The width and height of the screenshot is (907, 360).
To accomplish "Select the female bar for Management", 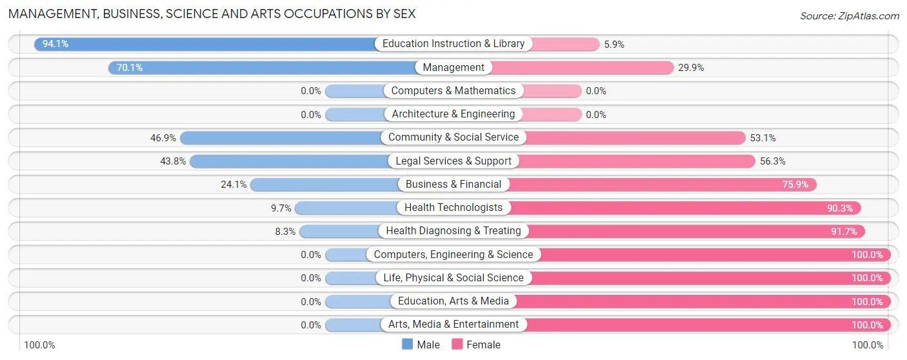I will pyautogui.click(x=581, y=67).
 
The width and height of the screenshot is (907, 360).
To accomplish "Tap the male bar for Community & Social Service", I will pyautogui.click(x=284, y=137).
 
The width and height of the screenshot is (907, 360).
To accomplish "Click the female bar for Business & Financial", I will pyautogui.click(x=664, y=185).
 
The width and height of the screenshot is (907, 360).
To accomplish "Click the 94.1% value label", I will pyautogui.click(x=55, y=44).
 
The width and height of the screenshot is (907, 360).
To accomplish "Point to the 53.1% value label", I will pyautogui.click(x=763, y=138).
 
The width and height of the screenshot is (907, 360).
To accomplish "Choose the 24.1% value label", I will pyautogui.click(x=234, y=185).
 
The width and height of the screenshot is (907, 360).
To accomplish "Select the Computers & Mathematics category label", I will pyautogui.click(x=454, y=91).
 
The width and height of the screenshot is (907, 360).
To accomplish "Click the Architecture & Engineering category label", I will pyautogui.click(x=454, y=114).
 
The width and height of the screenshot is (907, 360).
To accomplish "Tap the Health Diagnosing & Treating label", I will pyautogui.click(x=454, y=231).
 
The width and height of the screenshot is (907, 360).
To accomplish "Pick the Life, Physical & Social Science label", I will pyautogui.click(x=454, y=278).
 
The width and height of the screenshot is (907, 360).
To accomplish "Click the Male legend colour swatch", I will pyautogui.click(x=408, y=345).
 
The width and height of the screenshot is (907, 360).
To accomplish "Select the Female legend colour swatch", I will pyautogui.click(x=457, y=345).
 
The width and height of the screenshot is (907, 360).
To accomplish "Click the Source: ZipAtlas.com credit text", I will pyautogui.click(x=849, y=16).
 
